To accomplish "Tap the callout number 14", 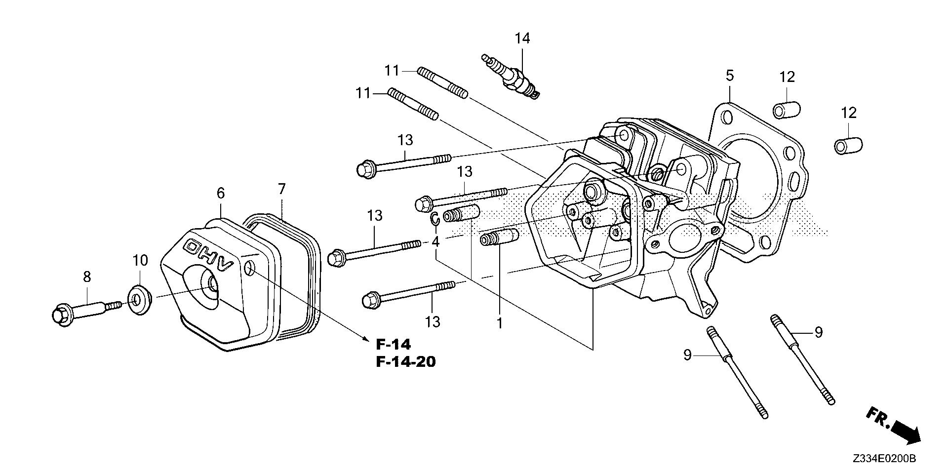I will click(522, 38).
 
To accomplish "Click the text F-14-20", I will click(405, 362).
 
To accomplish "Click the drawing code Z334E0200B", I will click(884, 459).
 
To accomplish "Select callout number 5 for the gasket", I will click(729, 76).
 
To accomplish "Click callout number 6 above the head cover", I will click(220, 193).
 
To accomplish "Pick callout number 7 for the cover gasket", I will click(281, 189).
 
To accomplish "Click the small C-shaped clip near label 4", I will click(434, 219).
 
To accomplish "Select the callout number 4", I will click(435, 242).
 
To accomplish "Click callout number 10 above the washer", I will click(140, 260).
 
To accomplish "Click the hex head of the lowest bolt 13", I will click(369, 300).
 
